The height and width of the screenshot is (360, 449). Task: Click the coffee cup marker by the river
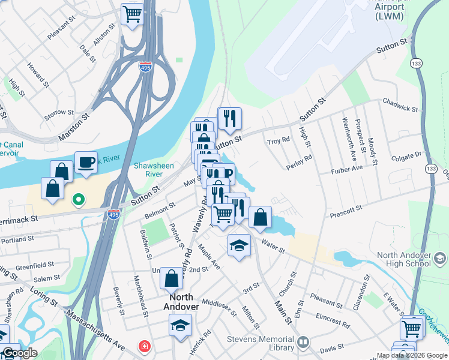[x=86, y=162]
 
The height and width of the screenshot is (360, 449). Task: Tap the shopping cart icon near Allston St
[x=132, y=14]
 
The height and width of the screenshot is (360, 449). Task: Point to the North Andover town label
[x=181, y=302]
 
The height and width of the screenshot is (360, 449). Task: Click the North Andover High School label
[x=403, y=259]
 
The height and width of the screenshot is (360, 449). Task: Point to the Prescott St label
[x=346, y=212]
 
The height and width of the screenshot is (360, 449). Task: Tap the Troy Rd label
[x=279, y=141]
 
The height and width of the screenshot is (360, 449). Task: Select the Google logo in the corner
[x=19, y=353]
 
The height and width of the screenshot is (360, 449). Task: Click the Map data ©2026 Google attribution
[x=411, y=355]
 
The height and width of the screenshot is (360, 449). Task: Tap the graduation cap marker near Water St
[x=239, y=245]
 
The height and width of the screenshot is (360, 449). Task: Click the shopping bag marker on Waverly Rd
[x=172, y=279]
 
